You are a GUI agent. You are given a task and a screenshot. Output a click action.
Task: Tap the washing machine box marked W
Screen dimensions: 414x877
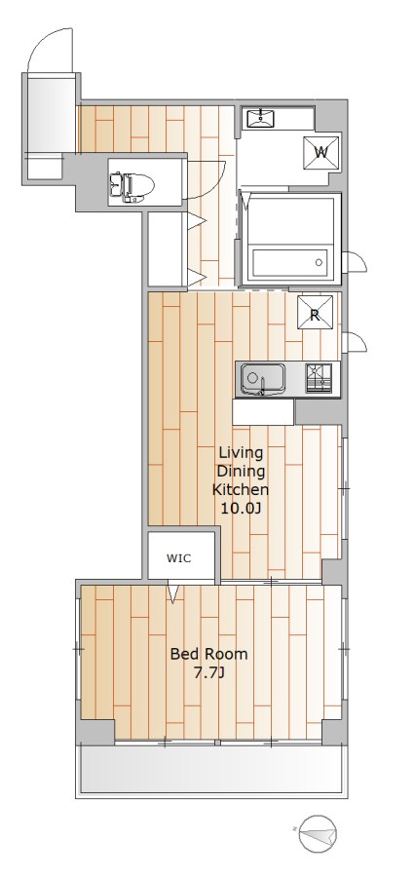(321, 152)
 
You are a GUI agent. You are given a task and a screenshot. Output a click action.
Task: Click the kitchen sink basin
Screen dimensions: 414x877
(263, 379)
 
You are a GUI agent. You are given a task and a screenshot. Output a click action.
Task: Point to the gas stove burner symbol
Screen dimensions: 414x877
(319, 379)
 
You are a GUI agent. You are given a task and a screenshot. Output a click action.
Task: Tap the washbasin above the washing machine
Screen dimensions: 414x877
(261, 119)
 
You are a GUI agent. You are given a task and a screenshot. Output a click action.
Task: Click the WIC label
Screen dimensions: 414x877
(179, 558)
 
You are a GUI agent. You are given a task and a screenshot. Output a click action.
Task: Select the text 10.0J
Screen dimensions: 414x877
(242, 509)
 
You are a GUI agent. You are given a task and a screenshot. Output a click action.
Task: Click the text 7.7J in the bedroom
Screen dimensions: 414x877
(208, 672)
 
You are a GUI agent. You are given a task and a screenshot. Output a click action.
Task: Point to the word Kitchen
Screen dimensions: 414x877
(241, 490)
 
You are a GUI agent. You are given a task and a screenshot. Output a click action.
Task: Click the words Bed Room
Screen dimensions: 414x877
(208, 653)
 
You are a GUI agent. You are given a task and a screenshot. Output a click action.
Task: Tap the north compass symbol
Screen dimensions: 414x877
(318, 835)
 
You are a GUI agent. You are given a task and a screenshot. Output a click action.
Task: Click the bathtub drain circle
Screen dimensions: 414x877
(319, 262)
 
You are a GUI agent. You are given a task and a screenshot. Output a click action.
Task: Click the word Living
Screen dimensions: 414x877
(241, 452)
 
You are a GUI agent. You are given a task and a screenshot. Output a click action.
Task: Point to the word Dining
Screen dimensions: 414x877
(242, 471)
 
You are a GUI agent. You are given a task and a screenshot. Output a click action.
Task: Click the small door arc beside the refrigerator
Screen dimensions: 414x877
(357, 342)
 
